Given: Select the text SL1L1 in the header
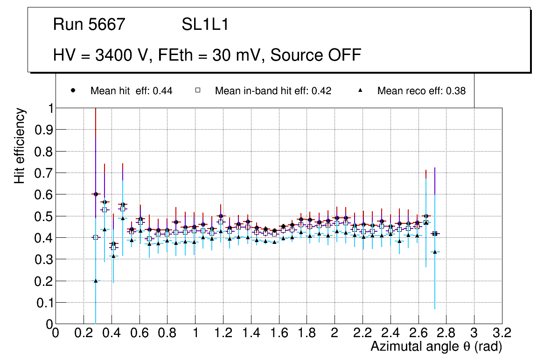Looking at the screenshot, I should click(205, 25).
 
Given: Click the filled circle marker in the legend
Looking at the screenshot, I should click(73, 90).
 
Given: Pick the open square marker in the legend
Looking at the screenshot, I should click(197, 90).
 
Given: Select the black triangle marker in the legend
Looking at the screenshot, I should click(360, 90).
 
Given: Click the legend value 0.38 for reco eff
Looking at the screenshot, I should click(456, 91).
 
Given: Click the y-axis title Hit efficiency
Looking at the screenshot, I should click(20, 145).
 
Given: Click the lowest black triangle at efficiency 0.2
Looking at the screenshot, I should click(96, 281).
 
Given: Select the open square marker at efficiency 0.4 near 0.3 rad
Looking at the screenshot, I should click(96, 237).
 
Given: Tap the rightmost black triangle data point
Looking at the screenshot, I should click(435, 252).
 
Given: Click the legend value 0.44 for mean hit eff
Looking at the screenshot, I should click(163, 91).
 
